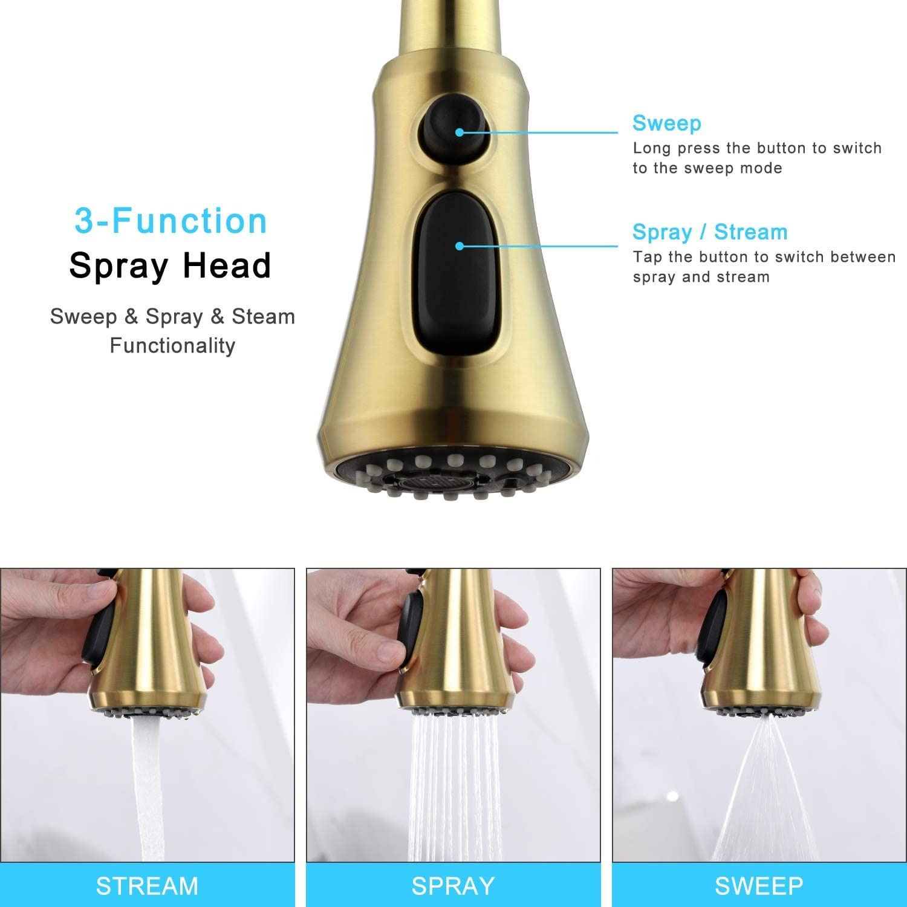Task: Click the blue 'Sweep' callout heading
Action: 667,123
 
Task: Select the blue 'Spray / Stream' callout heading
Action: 710,232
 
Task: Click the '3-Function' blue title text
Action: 171,221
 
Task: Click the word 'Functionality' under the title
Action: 172,346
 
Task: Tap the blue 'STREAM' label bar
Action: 148,885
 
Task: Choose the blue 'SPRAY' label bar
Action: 453,885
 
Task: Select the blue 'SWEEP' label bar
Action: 759,885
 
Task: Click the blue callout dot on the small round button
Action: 460,132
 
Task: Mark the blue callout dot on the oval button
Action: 460,246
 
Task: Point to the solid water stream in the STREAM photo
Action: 148,786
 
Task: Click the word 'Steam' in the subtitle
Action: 263,316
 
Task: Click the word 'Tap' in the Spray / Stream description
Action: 648,258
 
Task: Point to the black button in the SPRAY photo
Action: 409,629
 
